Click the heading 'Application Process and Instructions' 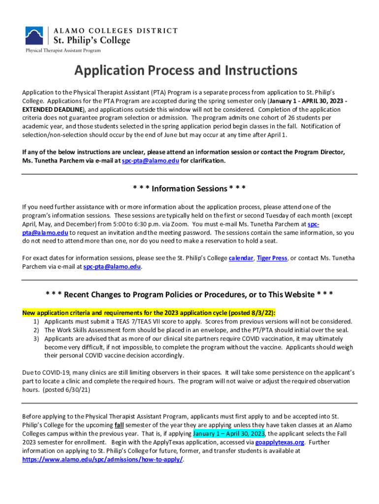(x=186, y=71)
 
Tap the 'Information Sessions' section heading (x=189, y=189)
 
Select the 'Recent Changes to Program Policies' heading (x=189, y=294)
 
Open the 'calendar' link (x=241, y=258)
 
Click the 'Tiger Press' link (x=272, y=258)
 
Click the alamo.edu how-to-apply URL (x=103, y=460)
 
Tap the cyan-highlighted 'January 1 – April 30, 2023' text (x=229, y=433)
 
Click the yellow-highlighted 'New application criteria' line (x=149, y=313)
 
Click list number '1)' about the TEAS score (x=36, y=321)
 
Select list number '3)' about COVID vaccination (x=36, y=339)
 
